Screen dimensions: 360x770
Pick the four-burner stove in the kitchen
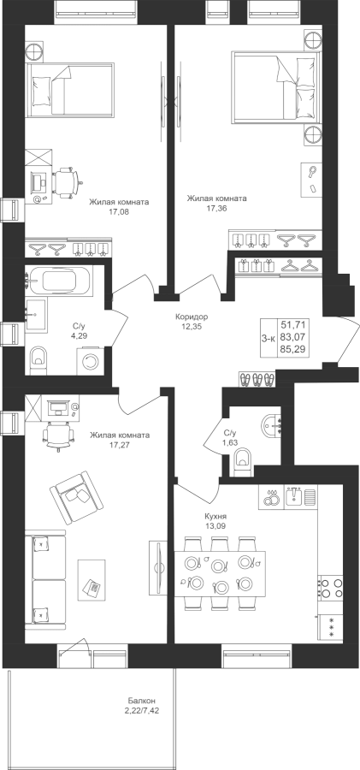330,588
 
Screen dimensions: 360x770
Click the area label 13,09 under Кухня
215,527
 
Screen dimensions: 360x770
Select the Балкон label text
136,701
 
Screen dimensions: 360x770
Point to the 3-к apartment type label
269,338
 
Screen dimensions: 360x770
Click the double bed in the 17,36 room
275,86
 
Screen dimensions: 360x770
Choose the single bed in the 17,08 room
70,90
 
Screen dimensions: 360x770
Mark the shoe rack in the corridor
257,379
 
